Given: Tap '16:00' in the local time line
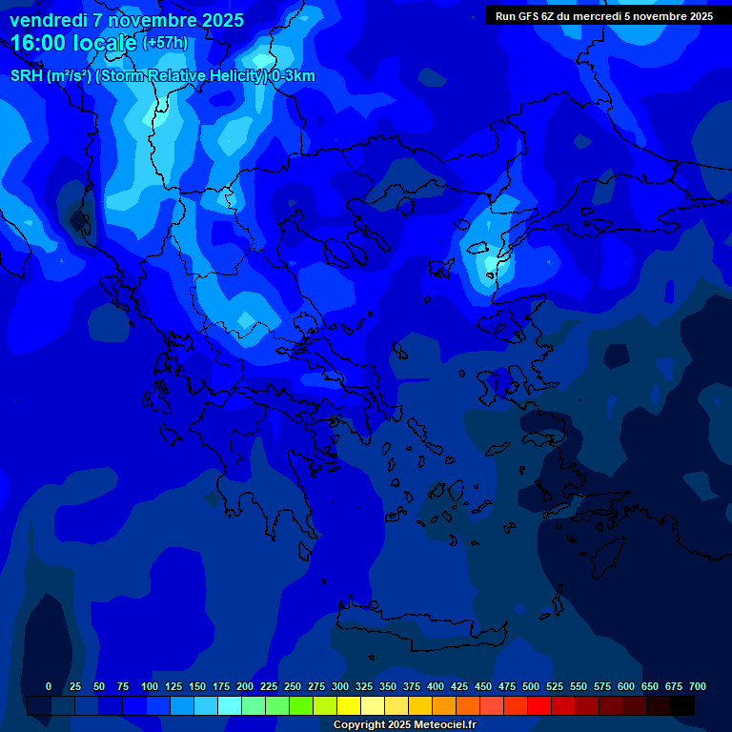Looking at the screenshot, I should click(40, 43).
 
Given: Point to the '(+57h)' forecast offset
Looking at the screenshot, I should click(165, 43).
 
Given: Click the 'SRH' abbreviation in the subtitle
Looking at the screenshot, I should click(27, 76).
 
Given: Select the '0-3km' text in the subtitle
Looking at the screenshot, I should click(294, 76).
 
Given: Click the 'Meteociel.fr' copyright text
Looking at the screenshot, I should click(444, 725).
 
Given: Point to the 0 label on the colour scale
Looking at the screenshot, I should click(49, 686).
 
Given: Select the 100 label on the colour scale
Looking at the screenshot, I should click(150, 686).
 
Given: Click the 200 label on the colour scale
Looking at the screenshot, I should click(245, 686).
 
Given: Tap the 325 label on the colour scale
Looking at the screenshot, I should click(364, 686).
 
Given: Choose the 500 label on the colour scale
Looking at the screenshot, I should click(531, 686).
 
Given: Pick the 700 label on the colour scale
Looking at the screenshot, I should click(698, 686).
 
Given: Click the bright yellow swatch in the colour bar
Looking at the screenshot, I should click(349, 705).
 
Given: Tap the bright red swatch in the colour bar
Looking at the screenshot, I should click(539, 705).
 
